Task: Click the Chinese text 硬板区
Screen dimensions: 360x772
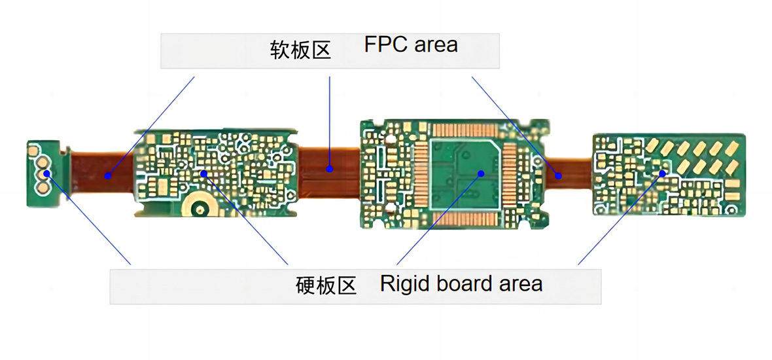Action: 326,286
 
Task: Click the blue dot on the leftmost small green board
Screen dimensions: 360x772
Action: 47,173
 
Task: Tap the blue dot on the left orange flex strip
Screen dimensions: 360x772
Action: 107,175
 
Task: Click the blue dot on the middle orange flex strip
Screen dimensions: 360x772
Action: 330,169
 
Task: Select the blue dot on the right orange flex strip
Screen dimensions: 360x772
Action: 558,175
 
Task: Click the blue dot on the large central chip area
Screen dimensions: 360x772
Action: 481,173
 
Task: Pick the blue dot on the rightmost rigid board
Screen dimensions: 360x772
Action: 663,173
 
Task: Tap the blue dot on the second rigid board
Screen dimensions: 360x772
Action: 204,173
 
